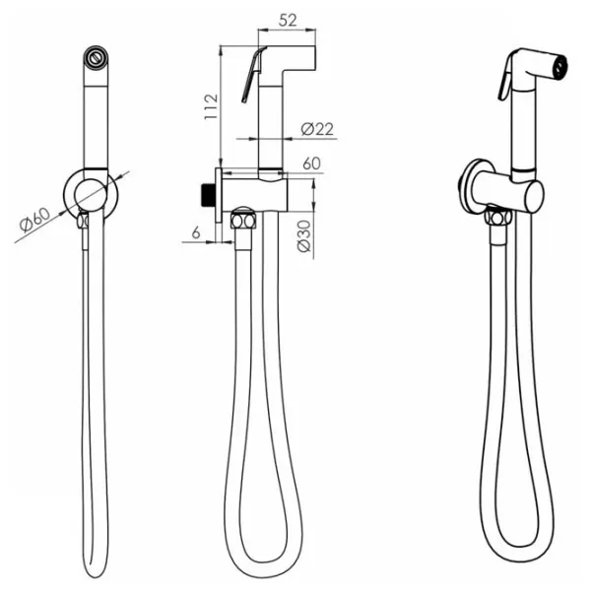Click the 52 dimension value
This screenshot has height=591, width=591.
pos(288,20)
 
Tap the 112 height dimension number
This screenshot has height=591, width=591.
pos(211,106)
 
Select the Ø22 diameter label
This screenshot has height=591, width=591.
pos(317,129)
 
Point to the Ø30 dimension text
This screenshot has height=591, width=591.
pos(303,236)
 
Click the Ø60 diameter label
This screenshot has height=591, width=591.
pos(34,220)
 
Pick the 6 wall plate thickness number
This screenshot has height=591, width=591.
pos(196,233)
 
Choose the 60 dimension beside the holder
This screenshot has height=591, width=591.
pos(311,164)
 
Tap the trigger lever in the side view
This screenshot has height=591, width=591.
pos(253,75)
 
